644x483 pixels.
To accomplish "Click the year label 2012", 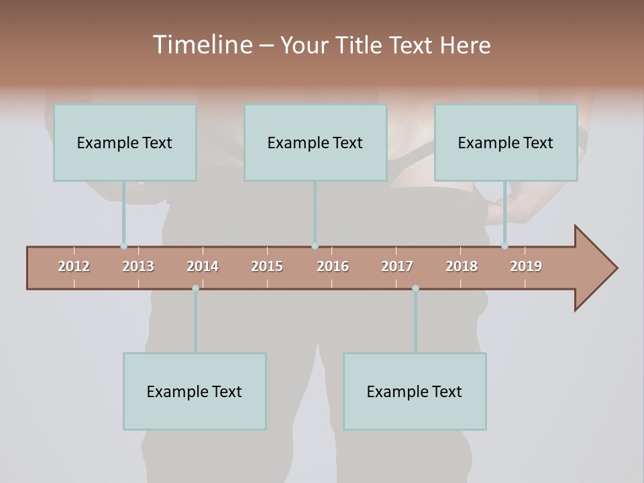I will pyautogui.click(x=74, y=266).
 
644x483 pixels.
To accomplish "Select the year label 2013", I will pyautogui.click(x=138, y=266).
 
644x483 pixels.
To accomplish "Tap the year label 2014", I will pyautogui.click(x=203, y=266).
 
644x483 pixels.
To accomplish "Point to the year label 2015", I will pyautogui.click(x=267, y=266).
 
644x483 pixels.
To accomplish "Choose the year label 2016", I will pyautogui.click(x=333, y=266).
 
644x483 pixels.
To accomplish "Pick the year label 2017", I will pyautogui.click(x=397, y=266).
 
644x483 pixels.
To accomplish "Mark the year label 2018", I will pyautogui.click(x=462, y=266).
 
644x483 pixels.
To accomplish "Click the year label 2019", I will pyautogui.click(x=526, y=266).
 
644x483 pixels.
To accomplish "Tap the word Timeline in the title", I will pyautogui.click(x=202, y=45).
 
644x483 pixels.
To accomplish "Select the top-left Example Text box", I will pyautogui.click(x=125, y=142).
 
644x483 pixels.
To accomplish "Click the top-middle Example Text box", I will pyautogui.click(x=315, y=142).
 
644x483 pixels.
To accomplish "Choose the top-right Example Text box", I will pyautogui.click(x=506, y=142).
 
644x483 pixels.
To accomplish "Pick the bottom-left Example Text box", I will pyautogui.click(x=195, y=391).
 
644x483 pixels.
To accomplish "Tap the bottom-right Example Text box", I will pyautogui.click(x=415, y=391).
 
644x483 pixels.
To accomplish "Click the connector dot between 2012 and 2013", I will pyautogui.click(x=123, y=246).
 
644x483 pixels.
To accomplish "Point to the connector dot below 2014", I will pyautogui.click(x=195, y=288).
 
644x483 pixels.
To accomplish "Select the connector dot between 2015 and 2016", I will pyautogui.click(x=315, y=246).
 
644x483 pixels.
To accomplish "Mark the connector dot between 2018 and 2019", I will pyautogui.click(x=504, y=246).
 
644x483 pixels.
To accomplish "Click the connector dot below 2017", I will pyautogui.click(x=415, y=288).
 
